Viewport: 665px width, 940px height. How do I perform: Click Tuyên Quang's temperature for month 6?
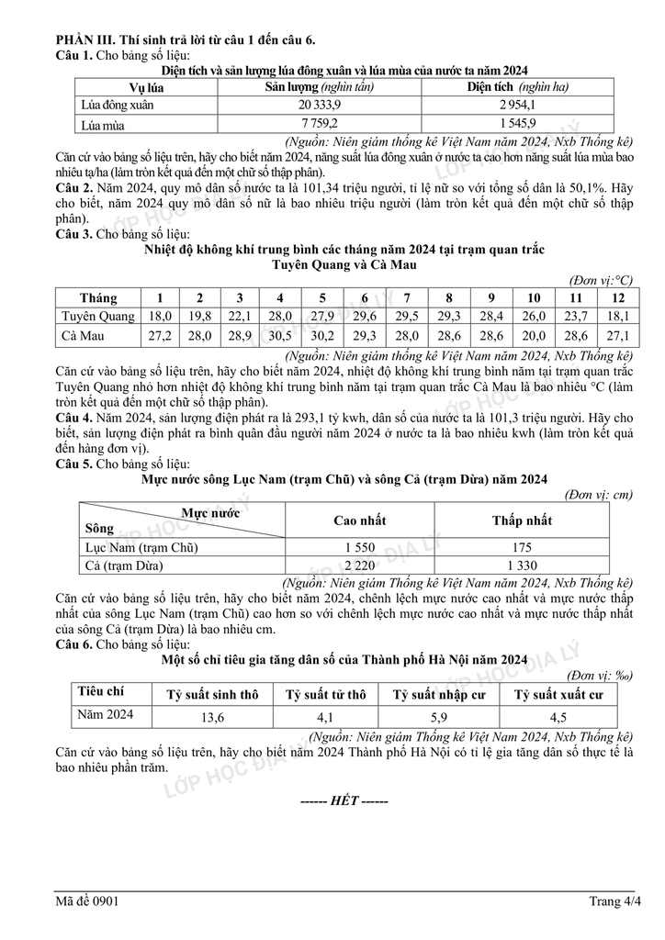365,317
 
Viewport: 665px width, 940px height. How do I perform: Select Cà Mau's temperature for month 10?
534,336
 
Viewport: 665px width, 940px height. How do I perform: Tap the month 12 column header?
618,297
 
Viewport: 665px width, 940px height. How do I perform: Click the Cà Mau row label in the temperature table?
83,336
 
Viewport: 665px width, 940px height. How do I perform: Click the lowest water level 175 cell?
522,547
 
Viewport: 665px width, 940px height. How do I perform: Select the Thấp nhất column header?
522,520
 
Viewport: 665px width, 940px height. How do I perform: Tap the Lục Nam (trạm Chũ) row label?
141,547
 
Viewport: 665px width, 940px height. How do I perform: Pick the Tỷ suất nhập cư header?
439,695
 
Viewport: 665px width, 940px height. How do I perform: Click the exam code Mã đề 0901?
86,901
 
